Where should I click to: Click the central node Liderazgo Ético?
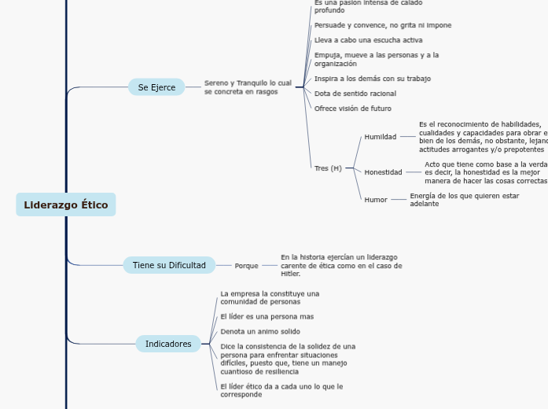[x=66, y=204]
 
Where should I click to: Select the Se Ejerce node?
[x=156, y=87]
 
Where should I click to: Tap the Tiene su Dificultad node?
[x=169, y=265]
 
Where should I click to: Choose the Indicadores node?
[x=168, y=344]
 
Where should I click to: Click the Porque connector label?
[x=246, y=266]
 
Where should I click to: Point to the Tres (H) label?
[x=328, y=168]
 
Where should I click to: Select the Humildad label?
[x=380, y=137]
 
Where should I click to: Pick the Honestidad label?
[x=383, y=171]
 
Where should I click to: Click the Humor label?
[x=376, y=200]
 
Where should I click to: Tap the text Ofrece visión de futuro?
[x=352, y=109]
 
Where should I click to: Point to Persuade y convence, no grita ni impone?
[x=383, y=25]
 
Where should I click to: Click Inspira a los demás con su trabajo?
[x=372, y=79]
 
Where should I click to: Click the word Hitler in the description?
[x=290, y=274]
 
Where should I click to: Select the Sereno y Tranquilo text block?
[x=248, y=87]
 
